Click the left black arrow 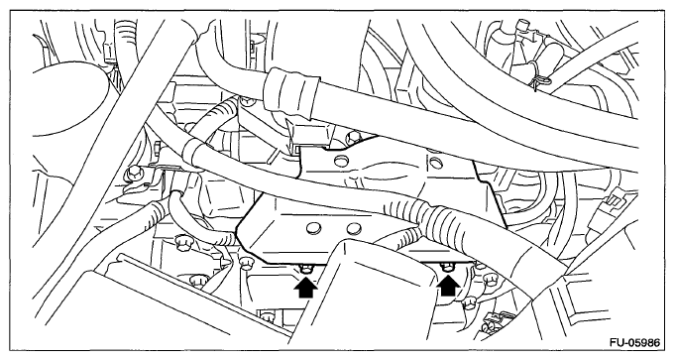(x=305, y=288)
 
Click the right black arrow (x=448, y=285)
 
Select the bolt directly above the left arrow (x=305, y=270)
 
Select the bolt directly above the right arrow (x=448, y=267)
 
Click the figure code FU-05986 (x=634, y=343)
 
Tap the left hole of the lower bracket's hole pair (x=313, y=228)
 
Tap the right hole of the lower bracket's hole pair (x=354, y=228)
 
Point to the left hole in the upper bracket (x=341, y=162)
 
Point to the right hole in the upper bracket (x=436, y=162)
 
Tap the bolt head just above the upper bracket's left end (x=354, y=137)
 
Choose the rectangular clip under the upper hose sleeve (x=308, y=131)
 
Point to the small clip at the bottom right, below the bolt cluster (x=492, y=320)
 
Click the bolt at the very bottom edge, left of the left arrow (x=267, y=316)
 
